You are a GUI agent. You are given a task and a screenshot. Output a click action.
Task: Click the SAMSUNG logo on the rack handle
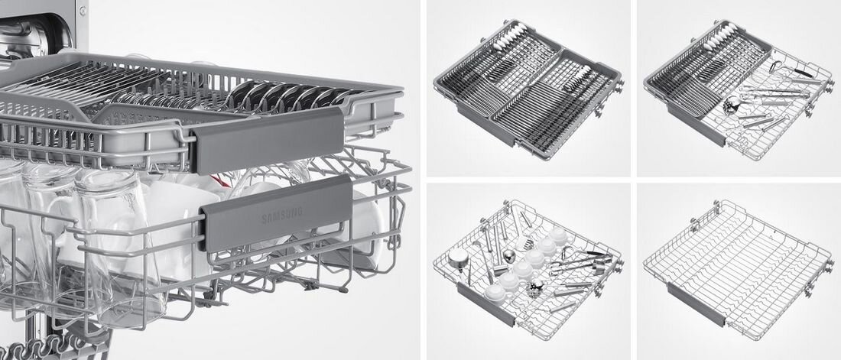coord(281,216)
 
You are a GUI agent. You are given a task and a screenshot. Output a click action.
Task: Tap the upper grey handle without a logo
coord(267,141)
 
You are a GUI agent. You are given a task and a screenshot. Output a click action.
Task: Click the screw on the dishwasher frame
coord(82,11)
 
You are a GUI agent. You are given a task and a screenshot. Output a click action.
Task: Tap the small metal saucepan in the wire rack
coord(459,258)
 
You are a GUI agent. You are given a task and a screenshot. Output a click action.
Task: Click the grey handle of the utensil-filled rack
coord(485,303)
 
